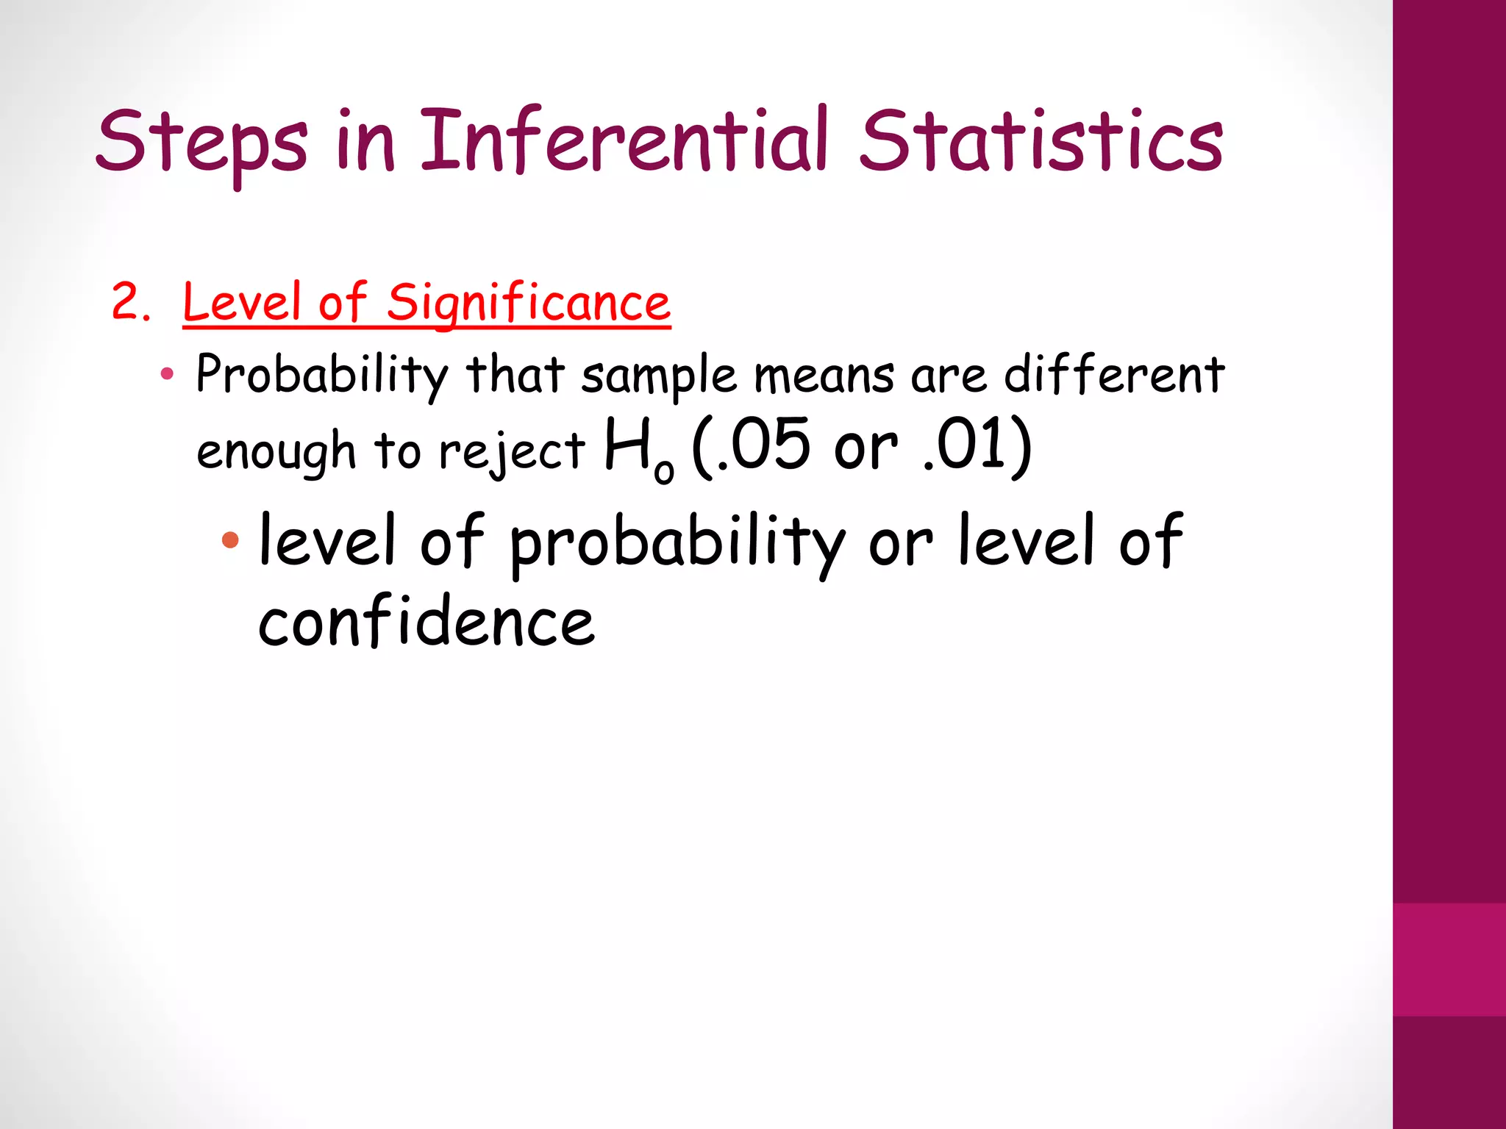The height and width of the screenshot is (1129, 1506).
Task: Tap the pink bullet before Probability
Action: pos(167,374)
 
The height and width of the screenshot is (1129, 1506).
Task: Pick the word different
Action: pos(1113,374)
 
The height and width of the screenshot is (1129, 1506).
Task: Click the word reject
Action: pos(512,451)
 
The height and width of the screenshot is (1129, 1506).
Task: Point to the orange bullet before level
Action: pos(230,540)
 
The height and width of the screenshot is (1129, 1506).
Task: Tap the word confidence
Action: pos(426,623)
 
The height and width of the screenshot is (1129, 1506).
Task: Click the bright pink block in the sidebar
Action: pos(1449,959)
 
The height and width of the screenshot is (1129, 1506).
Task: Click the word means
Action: pos(824,376)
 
